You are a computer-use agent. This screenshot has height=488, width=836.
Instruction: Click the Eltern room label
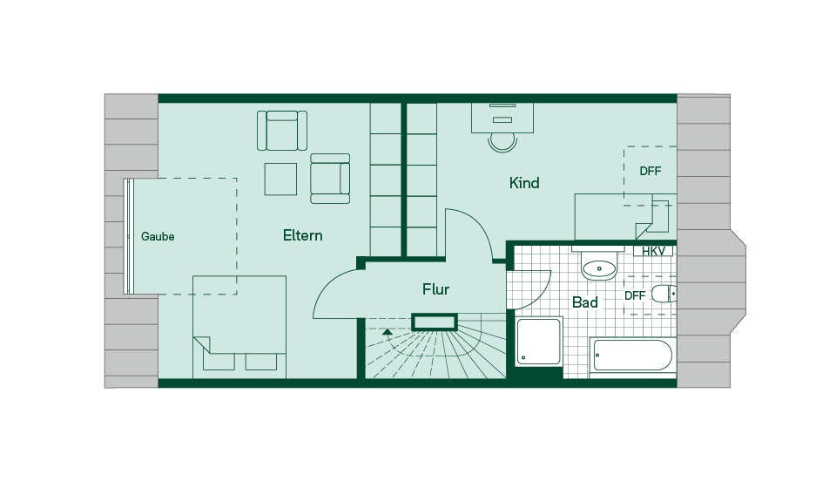(302, 235)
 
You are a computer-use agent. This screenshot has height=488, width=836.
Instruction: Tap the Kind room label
(524, 183)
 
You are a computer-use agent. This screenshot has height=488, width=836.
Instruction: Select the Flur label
(435, 289)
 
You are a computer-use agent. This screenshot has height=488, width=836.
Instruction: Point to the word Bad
(584, 302)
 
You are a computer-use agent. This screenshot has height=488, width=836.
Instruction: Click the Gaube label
(158, 236)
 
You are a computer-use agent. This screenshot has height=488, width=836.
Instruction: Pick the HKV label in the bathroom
(653, 251)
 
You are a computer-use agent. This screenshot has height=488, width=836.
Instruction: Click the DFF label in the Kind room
(650, 171)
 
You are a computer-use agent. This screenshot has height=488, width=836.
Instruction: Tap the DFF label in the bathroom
(635, 295)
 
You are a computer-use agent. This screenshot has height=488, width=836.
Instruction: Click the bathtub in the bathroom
(633, 356)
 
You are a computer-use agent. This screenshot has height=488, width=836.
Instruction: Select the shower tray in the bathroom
(538, 342)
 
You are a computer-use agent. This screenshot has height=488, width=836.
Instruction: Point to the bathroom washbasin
(599, 269)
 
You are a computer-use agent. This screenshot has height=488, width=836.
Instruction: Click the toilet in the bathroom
(664, 294)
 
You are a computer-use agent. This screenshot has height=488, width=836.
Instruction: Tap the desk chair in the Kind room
(502, 142)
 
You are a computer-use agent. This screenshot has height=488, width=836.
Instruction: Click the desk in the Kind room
(502, 118)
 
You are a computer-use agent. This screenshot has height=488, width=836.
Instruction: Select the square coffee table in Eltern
(280, 180)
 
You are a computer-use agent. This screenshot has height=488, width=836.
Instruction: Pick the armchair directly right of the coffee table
(330, 179)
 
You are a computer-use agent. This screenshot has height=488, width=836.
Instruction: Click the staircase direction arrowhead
(388, 332)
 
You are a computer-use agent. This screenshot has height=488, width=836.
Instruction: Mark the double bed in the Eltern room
(239, 327)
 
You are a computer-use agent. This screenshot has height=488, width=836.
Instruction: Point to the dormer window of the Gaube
(127, 236)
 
